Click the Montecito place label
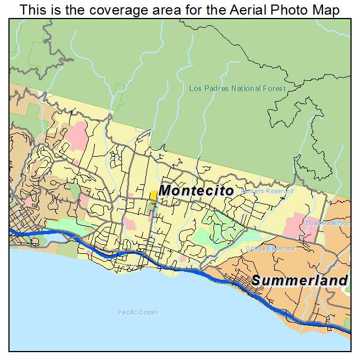click(196, 191)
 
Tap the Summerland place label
click(299, 280)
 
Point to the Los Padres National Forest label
click(238, 88)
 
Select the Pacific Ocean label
click(138, 312)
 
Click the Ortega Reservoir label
click(270, 248)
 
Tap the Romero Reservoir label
click(267, 191)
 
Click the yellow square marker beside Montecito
click(153, 195)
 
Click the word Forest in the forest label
click(275, 88)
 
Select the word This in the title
click(32, 10)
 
